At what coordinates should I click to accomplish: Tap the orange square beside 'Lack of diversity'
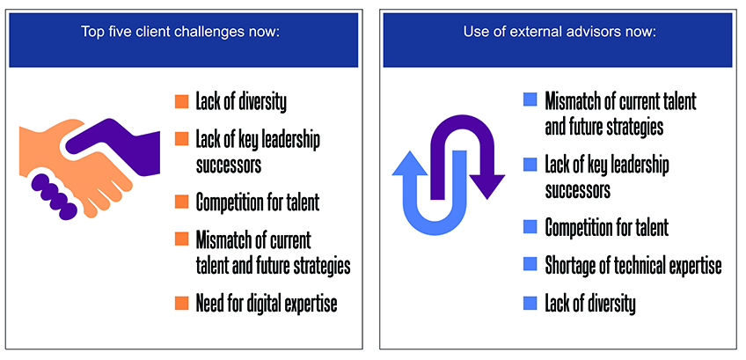pos(182,102)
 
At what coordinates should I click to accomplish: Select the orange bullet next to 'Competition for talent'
pos(182,202)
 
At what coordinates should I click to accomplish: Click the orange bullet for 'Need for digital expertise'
pos(182,304)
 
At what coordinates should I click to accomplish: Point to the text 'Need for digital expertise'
pos(267,304)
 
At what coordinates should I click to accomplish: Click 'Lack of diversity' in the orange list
pos(241,102)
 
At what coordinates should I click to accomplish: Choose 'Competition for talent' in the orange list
pos(257,202)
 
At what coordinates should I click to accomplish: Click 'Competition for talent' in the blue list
pos(607,227)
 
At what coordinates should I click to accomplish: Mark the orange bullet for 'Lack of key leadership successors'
pos(182,139)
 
